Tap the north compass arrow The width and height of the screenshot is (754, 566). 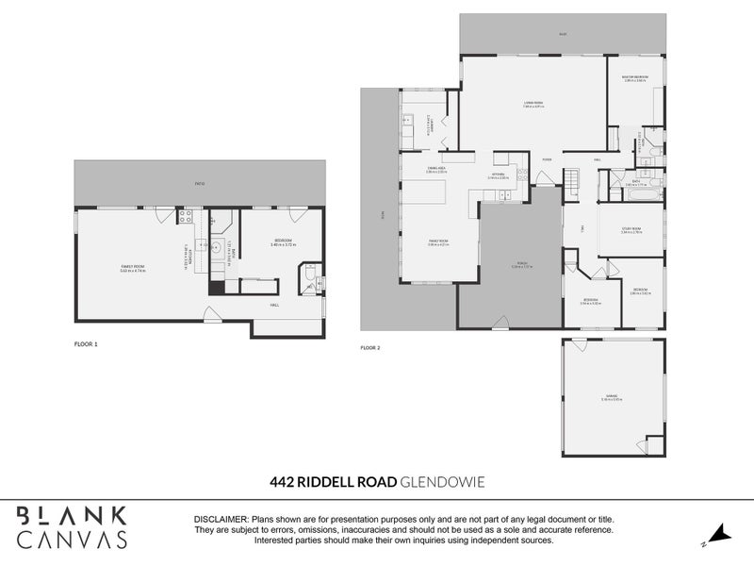[719, 534]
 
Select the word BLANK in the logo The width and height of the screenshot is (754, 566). [71, 516]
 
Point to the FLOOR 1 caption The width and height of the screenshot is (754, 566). [86, 344]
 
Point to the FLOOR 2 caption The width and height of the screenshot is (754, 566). [369, 348]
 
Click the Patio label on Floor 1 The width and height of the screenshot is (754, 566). [200, 183]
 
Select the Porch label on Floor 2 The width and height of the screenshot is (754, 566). [508, 266]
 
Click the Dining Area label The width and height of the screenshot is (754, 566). [435, 170]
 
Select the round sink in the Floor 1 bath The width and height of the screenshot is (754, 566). [217, 248]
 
